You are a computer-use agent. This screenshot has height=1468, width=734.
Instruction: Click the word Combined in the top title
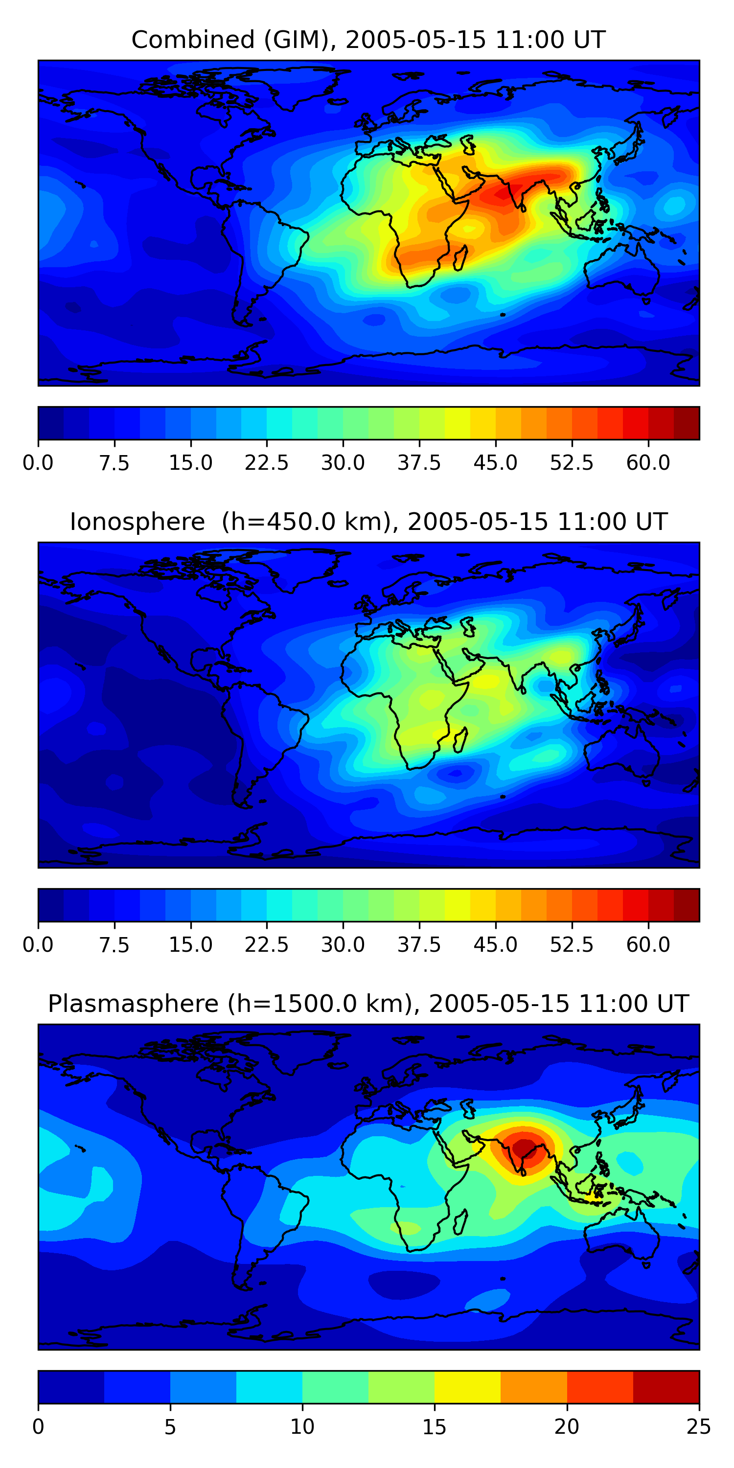(x=193, y=40)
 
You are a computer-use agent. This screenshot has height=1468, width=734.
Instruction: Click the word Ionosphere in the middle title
(x=137, y=522)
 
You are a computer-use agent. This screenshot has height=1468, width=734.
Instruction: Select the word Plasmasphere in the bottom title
(x=133, y=1004)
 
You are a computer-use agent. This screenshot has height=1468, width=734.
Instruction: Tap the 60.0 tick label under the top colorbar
(x=648, y=463)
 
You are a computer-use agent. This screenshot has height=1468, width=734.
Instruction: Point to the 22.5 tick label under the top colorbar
(x=267, y=463)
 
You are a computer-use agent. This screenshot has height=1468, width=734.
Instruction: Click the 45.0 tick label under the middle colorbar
(x=495, y=945)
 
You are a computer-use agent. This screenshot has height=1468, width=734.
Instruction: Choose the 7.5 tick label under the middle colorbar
(x=114, y=945)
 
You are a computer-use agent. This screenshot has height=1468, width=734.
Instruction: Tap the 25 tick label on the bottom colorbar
(x=699, y=1427)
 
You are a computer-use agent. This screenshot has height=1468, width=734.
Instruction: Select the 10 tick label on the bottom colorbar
(x=302, y=1427)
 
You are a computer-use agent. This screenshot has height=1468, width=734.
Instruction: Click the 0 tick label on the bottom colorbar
(x=38, y=1427)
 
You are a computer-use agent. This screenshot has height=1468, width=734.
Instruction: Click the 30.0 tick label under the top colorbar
(x=343, y=463)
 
